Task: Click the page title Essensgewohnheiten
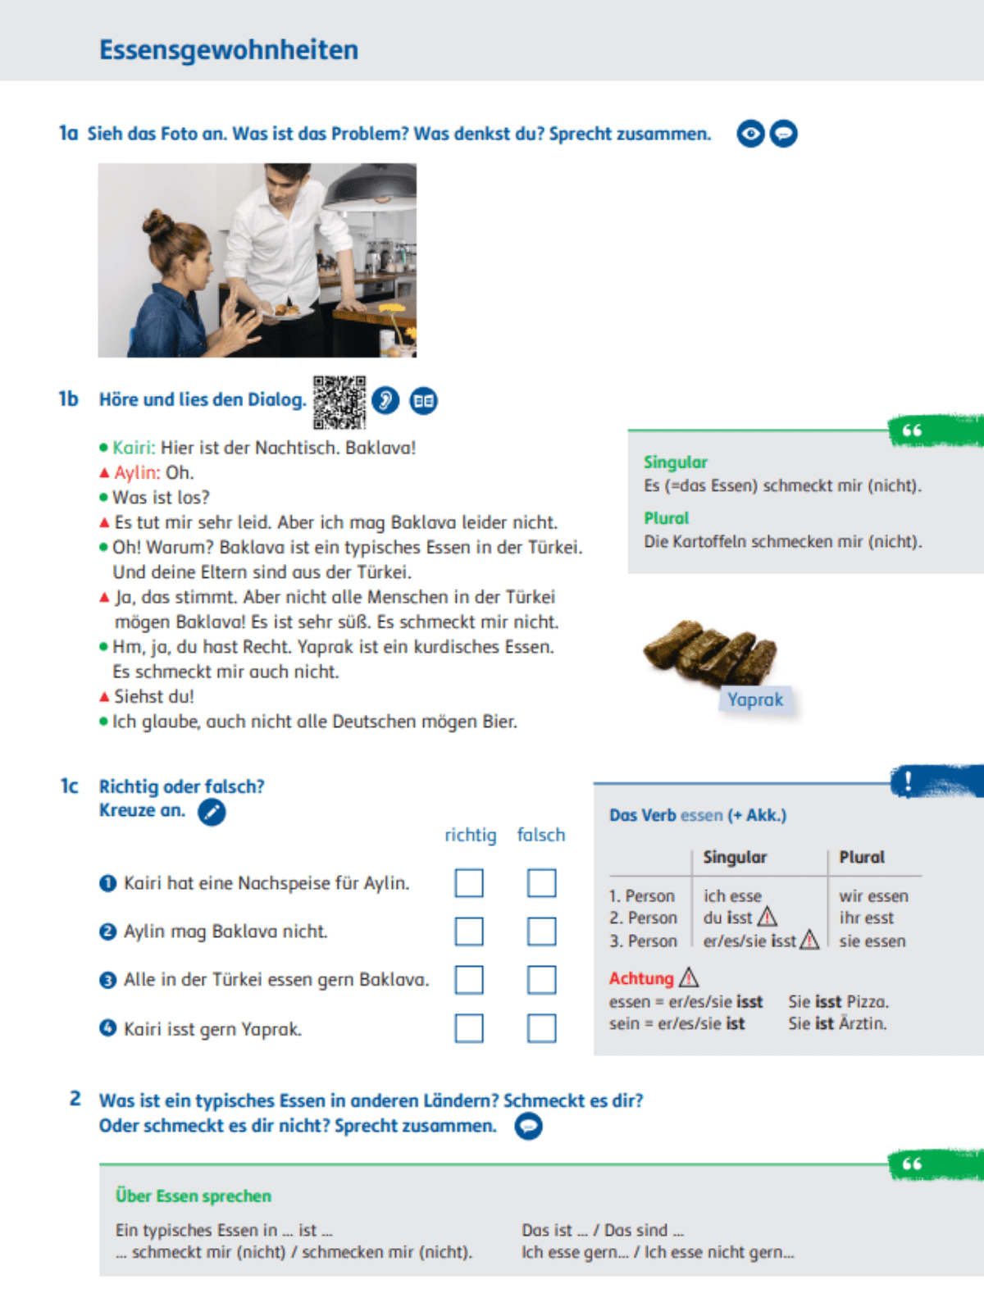[x=229, y=50]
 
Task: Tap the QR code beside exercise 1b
[x=339, y=402]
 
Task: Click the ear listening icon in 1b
[x=385, y=400]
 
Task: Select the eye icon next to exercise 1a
[x=750, y=133]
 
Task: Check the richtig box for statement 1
[x=469, y=883]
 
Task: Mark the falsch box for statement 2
[x=541, y=932]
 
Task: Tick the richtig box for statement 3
[x=469, y=980]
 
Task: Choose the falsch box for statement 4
[x=541, y=1028]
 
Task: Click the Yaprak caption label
[x=755, y=699]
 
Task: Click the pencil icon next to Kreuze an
[x=212, y=812]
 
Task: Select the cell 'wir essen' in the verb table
[x=873, y=896]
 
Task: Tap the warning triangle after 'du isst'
[x=768, y=917]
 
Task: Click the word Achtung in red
[x=641, y=978]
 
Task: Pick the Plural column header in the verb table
[x=862, y=857]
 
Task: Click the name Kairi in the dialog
[x=133, y=448]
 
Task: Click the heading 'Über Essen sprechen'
[x=194, y=1196]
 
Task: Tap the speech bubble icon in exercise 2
[x=529, y=1127]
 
